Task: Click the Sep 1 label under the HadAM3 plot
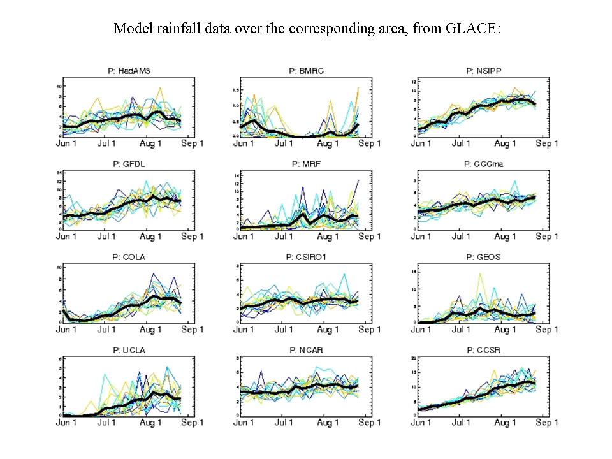[192, 144]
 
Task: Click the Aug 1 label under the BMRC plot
[328, 144]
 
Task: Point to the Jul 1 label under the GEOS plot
[462, 330]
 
